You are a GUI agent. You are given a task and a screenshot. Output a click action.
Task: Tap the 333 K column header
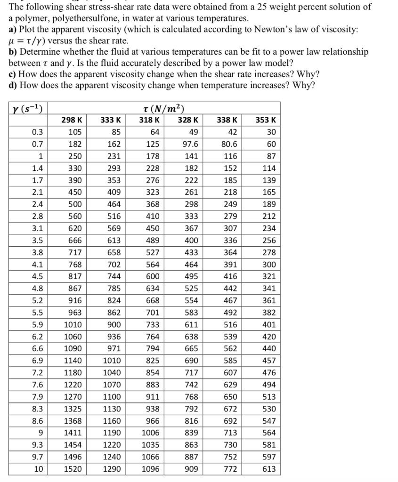(x=112, y=120)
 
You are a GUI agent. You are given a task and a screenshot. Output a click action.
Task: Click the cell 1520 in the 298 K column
(x=72, y=469)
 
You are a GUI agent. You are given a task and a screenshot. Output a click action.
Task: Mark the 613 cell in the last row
(x=269, y=469)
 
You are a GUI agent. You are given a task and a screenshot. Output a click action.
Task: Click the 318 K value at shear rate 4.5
(x=152, y=277)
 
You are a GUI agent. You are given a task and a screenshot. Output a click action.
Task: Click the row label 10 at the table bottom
(x=38, y=469)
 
